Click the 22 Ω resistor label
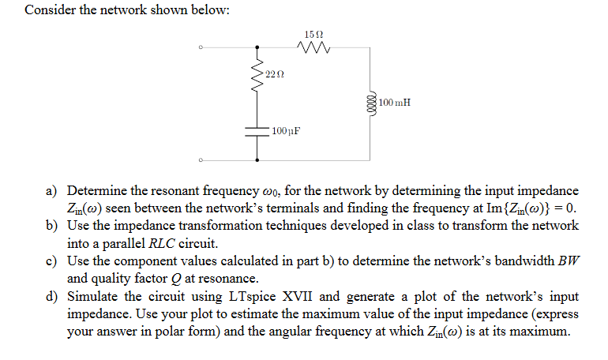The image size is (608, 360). tap(274, 73)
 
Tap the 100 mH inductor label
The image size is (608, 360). tap(394, 103)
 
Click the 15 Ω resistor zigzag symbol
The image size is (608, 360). tap(313, 49)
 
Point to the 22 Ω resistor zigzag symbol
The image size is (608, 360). tap(257, 77)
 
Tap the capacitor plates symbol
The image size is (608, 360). tap(257, 130)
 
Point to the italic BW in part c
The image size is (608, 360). tap(568, 261)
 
